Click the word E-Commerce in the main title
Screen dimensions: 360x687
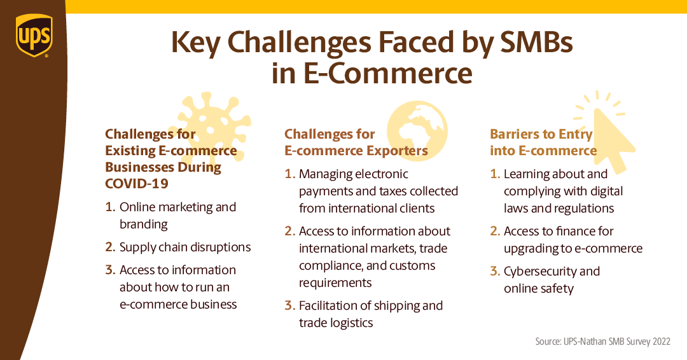(x=390, y=73)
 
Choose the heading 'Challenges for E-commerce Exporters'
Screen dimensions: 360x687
(x=356, y=142)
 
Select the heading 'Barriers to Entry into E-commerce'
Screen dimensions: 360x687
(x=543, y=142)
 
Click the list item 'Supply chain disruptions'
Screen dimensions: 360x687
(x=184, y=247)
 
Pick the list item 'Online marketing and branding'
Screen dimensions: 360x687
(x=177, y=215)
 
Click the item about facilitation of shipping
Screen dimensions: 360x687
(x=370, y=314)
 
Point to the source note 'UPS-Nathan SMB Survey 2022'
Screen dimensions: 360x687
(x=602, y=342)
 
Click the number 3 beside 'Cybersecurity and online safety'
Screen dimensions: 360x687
(x=495, y=271)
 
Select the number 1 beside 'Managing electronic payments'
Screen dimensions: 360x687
(x=290, y=174)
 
